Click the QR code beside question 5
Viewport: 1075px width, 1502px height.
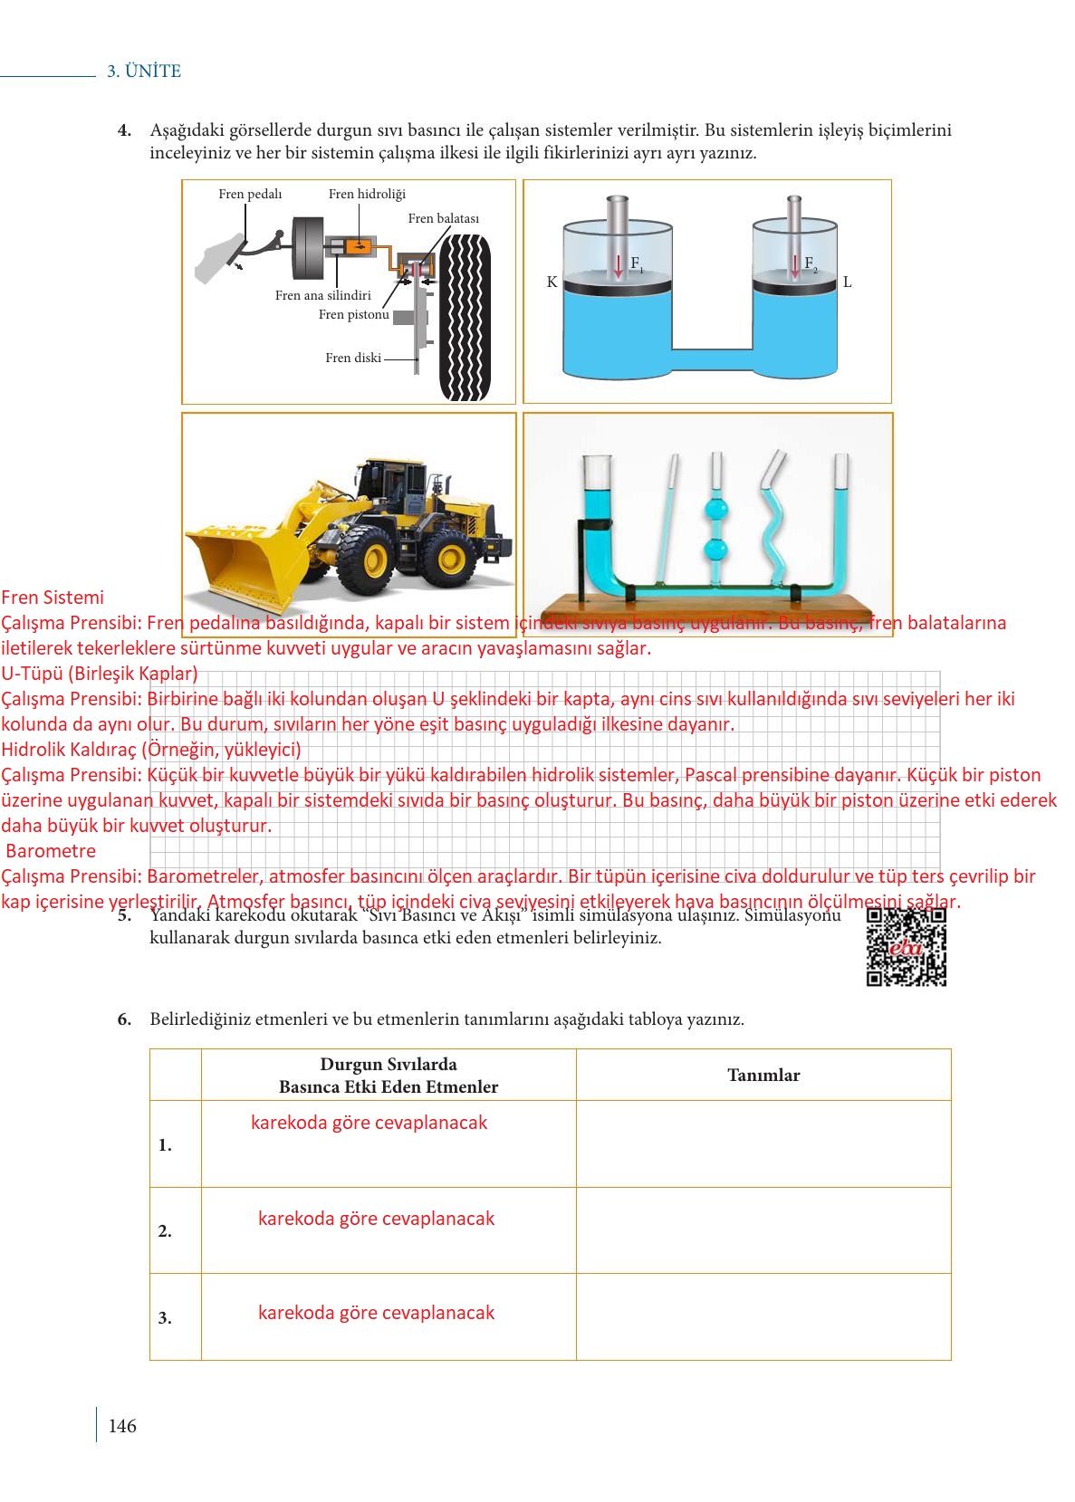point(906,946)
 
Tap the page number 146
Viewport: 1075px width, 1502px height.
point(122,1426)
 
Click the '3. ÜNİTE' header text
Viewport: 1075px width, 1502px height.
point(144,72)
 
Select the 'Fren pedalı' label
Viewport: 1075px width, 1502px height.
point(250,195)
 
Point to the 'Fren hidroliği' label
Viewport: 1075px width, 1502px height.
point(367,195)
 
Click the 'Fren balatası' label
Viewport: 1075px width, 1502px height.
point(443,218)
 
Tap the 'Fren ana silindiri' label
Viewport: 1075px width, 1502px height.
point(323,295)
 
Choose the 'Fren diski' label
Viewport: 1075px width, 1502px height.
point(353,358)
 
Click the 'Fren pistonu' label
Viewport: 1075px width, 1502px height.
point(353,315)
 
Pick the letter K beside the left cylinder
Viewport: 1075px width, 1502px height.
point(552,282)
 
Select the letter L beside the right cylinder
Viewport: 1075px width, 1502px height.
point(847,282)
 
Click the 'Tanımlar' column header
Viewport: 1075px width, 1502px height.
point(763,1076)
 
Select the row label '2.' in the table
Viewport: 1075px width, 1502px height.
point(165,1231)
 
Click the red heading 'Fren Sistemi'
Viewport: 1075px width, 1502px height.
point(53,598)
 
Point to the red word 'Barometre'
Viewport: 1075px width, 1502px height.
point(51,851)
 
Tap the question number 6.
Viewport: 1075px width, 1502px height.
point(124,1019)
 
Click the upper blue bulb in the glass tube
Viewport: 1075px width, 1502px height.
point(715,510)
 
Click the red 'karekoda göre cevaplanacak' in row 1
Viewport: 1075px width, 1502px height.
point(369,1123)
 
